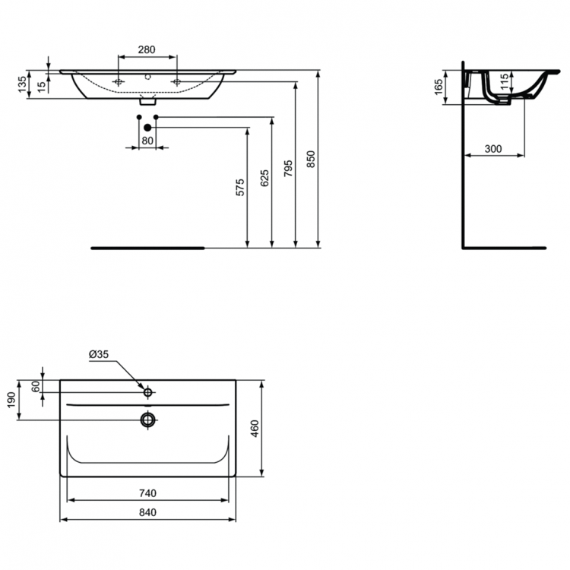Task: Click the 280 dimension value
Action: [147, 49]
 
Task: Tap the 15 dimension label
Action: [40, 85]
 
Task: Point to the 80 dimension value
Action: [147, 140]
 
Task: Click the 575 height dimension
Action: [239, 188]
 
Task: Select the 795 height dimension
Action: [288, 167]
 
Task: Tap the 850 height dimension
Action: [310, 159]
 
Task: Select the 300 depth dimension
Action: [493, 149]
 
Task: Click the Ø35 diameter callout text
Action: [99, 355]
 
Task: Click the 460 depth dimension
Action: [255, 428]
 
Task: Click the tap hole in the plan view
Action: [149, 393]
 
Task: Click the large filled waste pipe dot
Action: [147, 127]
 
